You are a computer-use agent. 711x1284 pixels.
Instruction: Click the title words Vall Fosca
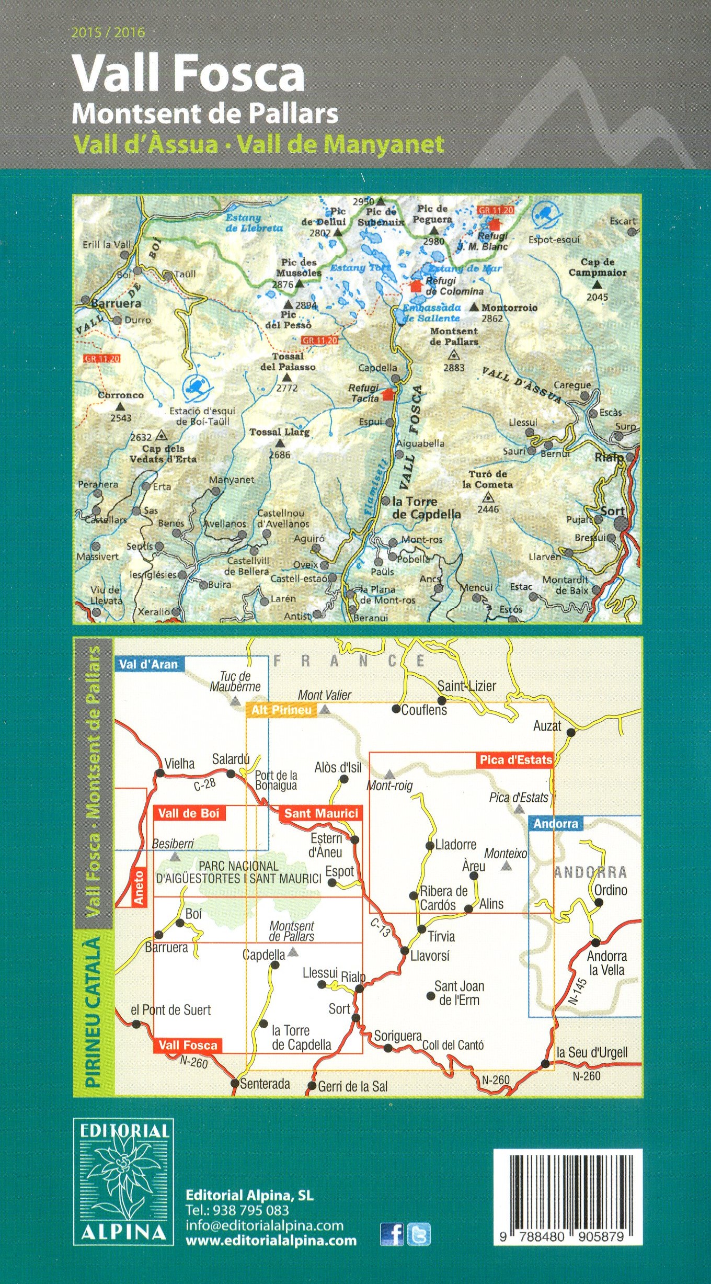coord(188,74)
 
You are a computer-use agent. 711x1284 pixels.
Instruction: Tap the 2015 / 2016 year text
coord(108,33)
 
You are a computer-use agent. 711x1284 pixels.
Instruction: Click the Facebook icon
coord(392,1234)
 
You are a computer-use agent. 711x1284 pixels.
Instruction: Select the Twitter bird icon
coord(419,1234)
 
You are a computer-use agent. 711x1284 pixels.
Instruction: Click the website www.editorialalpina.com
coord(271,1241)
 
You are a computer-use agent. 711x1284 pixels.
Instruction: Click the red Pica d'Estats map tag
coord(515,760)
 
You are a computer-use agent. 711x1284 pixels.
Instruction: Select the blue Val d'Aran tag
coord(148,665)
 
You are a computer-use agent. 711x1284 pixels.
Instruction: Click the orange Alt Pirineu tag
coord(281,710)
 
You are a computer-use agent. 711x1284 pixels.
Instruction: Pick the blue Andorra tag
coord(555,824)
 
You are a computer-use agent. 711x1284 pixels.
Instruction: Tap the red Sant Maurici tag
coord(321,813)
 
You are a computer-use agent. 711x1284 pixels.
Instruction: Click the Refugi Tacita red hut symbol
coord(387,394)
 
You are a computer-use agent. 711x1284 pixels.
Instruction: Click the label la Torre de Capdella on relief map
coord(426,508)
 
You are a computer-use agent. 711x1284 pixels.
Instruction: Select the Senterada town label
coord(265,1084)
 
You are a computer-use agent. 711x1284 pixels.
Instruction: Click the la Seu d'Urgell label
coord(592,1053)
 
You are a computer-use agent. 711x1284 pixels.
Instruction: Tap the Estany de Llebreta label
coord(254,223)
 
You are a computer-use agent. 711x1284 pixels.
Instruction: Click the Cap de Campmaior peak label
coord(598,267)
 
